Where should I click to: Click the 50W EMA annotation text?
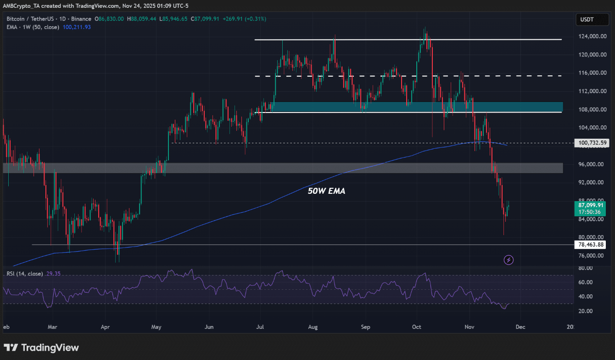pyautogui.click(x=326, y=191)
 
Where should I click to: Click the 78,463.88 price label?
pyautogui.click(x=590, y=245)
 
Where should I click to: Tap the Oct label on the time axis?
pyautogui.click(x=417, y=327)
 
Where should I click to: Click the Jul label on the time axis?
pyautogui.click(x=259, y=327)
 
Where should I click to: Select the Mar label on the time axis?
pyautogui.click(x=52, y=327)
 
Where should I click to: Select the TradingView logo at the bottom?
pyautogui.click(x=41, y=348)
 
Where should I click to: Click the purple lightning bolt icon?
pyautogui.click(x=509, y=260)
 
